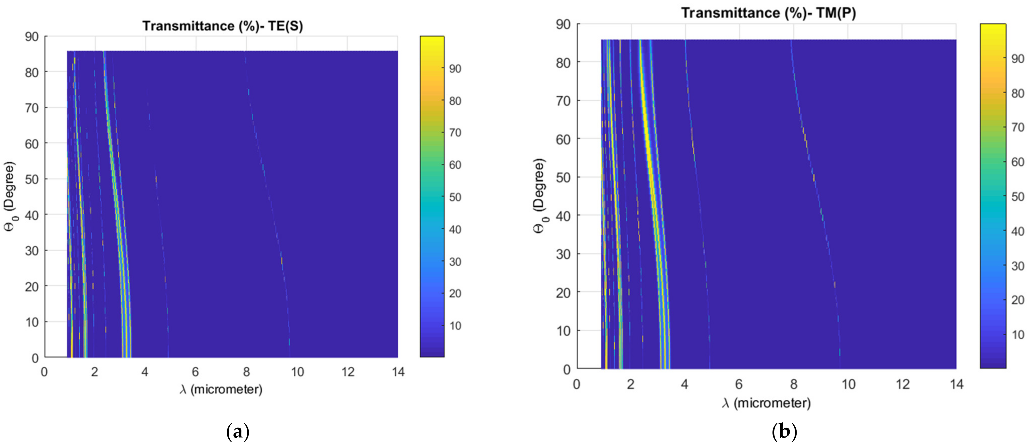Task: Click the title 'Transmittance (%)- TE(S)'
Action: (222, 26)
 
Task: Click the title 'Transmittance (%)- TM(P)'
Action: (768, 13)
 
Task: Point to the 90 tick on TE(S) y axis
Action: (32, 37)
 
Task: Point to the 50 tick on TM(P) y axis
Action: (563, 177)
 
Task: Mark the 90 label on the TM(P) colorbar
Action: (1017, 59)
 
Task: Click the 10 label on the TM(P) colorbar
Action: (1017, 335)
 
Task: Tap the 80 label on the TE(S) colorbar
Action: (455, 101)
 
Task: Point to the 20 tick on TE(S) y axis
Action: (32, 287)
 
